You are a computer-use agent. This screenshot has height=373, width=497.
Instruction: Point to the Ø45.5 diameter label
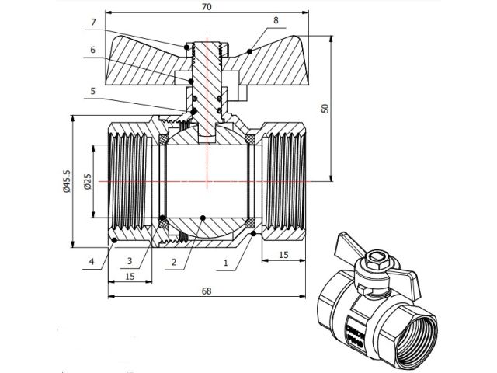(x=67, y=181)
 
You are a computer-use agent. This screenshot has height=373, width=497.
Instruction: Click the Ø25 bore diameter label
(x=88, y=181)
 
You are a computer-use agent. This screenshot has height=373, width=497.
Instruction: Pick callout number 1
(x=225, y=263)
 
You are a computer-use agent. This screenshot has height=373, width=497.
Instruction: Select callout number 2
(x=174, y=263)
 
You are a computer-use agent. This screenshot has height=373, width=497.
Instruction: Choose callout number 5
(x=92, y=91)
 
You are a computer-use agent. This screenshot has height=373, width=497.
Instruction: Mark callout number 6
(x=92, y=49)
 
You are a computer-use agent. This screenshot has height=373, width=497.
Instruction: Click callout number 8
(x=276, y=19)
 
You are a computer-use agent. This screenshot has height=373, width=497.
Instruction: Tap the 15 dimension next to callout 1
(x=283, y=255)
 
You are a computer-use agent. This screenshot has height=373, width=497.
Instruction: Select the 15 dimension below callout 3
(x=128, y=276)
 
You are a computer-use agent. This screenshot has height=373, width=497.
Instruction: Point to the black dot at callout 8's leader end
(x=249, y=51)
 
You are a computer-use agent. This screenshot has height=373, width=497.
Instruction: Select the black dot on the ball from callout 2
(x=202, y=218)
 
